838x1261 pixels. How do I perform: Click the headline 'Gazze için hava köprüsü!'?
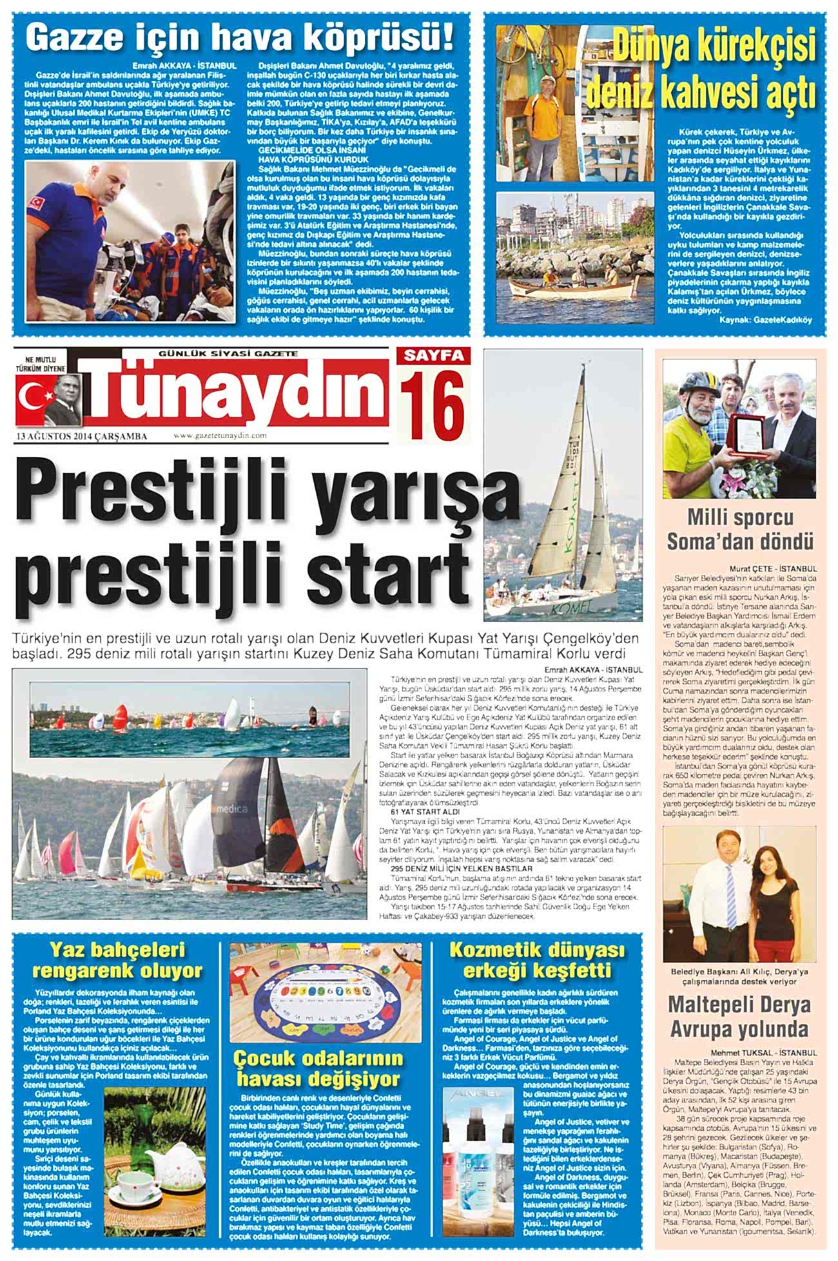[x=240, y=37]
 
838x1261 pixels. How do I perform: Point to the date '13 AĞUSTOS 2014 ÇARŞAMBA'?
[x=82, y=437]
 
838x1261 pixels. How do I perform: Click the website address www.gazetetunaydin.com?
[x=220, y=436]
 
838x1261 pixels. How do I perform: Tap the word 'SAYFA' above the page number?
[x=434, y=356]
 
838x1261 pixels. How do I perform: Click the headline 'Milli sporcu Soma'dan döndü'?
[x=739, y=529]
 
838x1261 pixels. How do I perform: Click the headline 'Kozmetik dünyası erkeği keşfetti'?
[x=536, y=960]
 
